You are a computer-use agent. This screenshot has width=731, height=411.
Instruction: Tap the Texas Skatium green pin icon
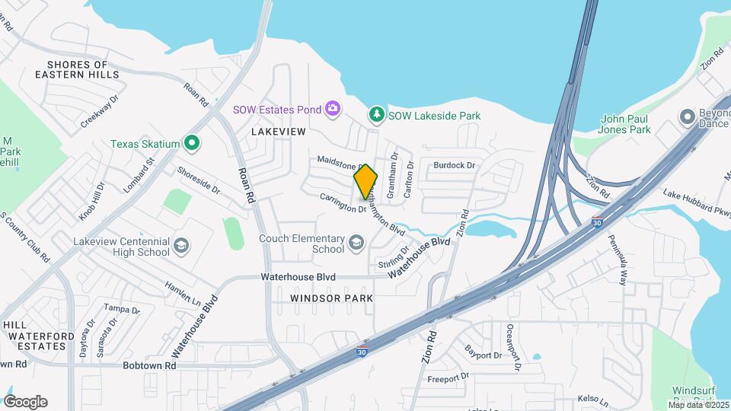(193, 143)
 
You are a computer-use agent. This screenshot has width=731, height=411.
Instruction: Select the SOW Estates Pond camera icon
(333, 110)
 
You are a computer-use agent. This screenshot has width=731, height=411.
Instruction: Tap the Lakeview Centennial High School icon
(181, 246)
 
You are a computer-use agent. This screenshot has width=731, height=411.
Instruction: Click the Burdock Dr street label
(454, 165)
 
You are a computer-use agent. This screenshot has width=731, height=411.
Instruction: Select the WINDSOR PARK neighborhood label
(332, 298)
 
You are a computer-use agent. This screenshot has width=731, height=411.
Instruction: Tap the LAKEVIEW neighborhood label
(278, 132)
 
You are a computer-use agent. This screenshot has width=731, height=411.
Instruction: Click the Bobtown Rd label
(149, 366)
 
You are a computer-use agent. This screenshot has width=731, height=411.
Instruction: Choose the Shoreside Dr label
(198, 180)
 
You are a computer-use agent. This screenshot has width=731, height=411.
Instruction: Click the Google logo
(25, 401)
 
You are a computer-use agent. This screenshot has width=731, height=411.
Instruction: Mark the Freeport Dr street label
(448, 378)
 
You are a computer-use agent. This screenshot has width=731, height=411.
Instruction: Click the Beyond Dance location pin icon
(688, 118)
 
